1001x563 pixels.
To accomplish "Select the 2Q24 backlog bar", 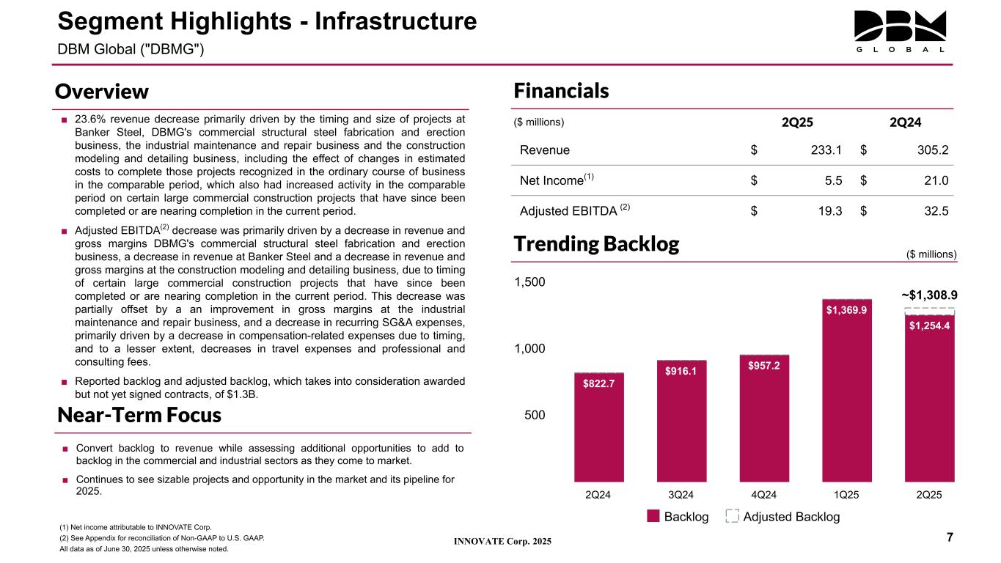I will click(598, 426).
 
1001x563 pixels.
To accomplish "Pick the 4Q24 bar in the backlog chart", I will click(763, 417).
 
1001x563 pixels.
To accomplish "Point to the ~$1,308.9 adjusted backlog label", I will click(929, 295).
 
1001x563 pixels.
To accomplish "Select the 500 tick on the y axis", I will click(535, 415).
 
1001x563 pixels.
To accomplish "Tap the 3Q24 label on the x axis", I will click(681, 495).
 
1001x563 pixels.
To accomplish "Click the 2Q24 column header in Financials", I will click(905, 122).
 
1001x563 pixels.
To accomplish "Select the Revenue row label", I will click(545, 150).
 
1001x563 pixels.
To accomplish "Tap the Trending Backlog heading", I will click(596, 244).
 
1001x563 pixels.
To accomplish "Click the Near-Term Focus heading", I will click(139, 415).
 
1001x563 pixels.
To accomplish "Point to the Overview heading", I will click(102, 92).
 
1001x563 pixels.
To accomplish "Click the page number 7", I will click(950, 538).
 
